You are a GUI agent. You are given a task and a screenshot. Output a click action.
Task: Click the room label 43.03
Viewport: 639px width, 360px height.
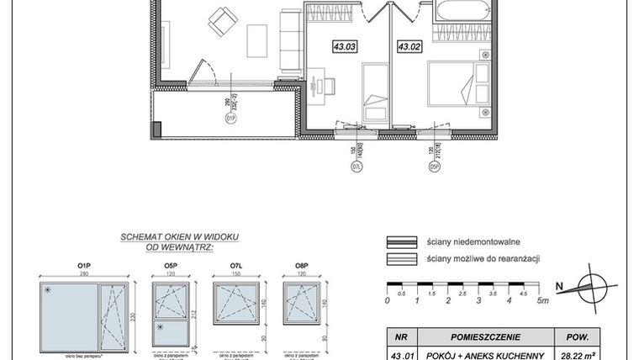[x=345, y=48]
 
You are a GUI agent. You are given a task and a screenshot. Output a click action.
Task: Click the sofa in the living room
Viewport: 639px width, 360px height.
[x=289, y=40]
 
